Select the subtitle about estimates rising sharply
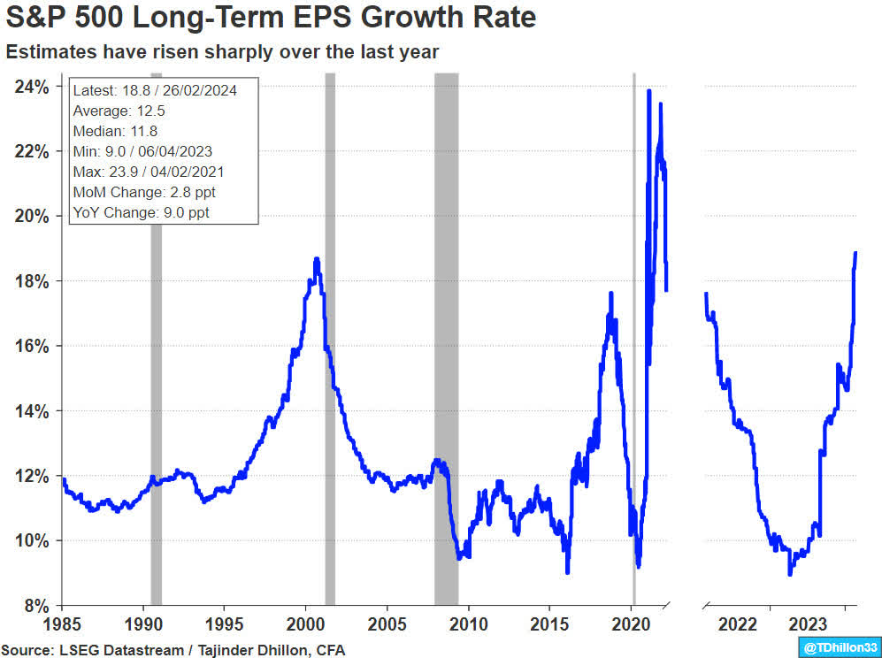(222, 52)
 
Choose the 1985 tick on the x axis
(62, 624)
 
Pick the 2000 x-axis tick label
(306, 624)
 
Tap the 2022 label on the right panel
(737, 624)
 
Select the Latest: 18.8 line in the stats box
(155, 90)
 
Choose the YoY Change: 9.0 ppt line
(142, 212)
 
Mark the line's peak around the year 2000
(317, 259)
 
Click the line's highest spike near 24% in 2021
(649, 91)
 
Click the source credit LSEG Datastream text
(173, 650)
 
